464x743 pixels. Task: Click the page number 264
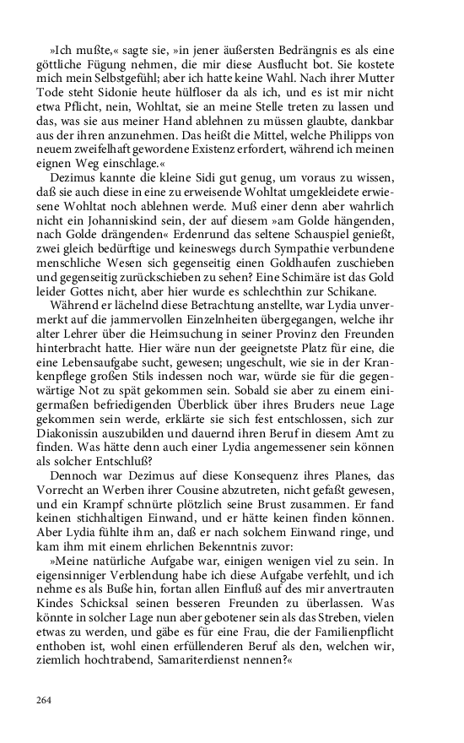pyautogui.click(x=44, y=700)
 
